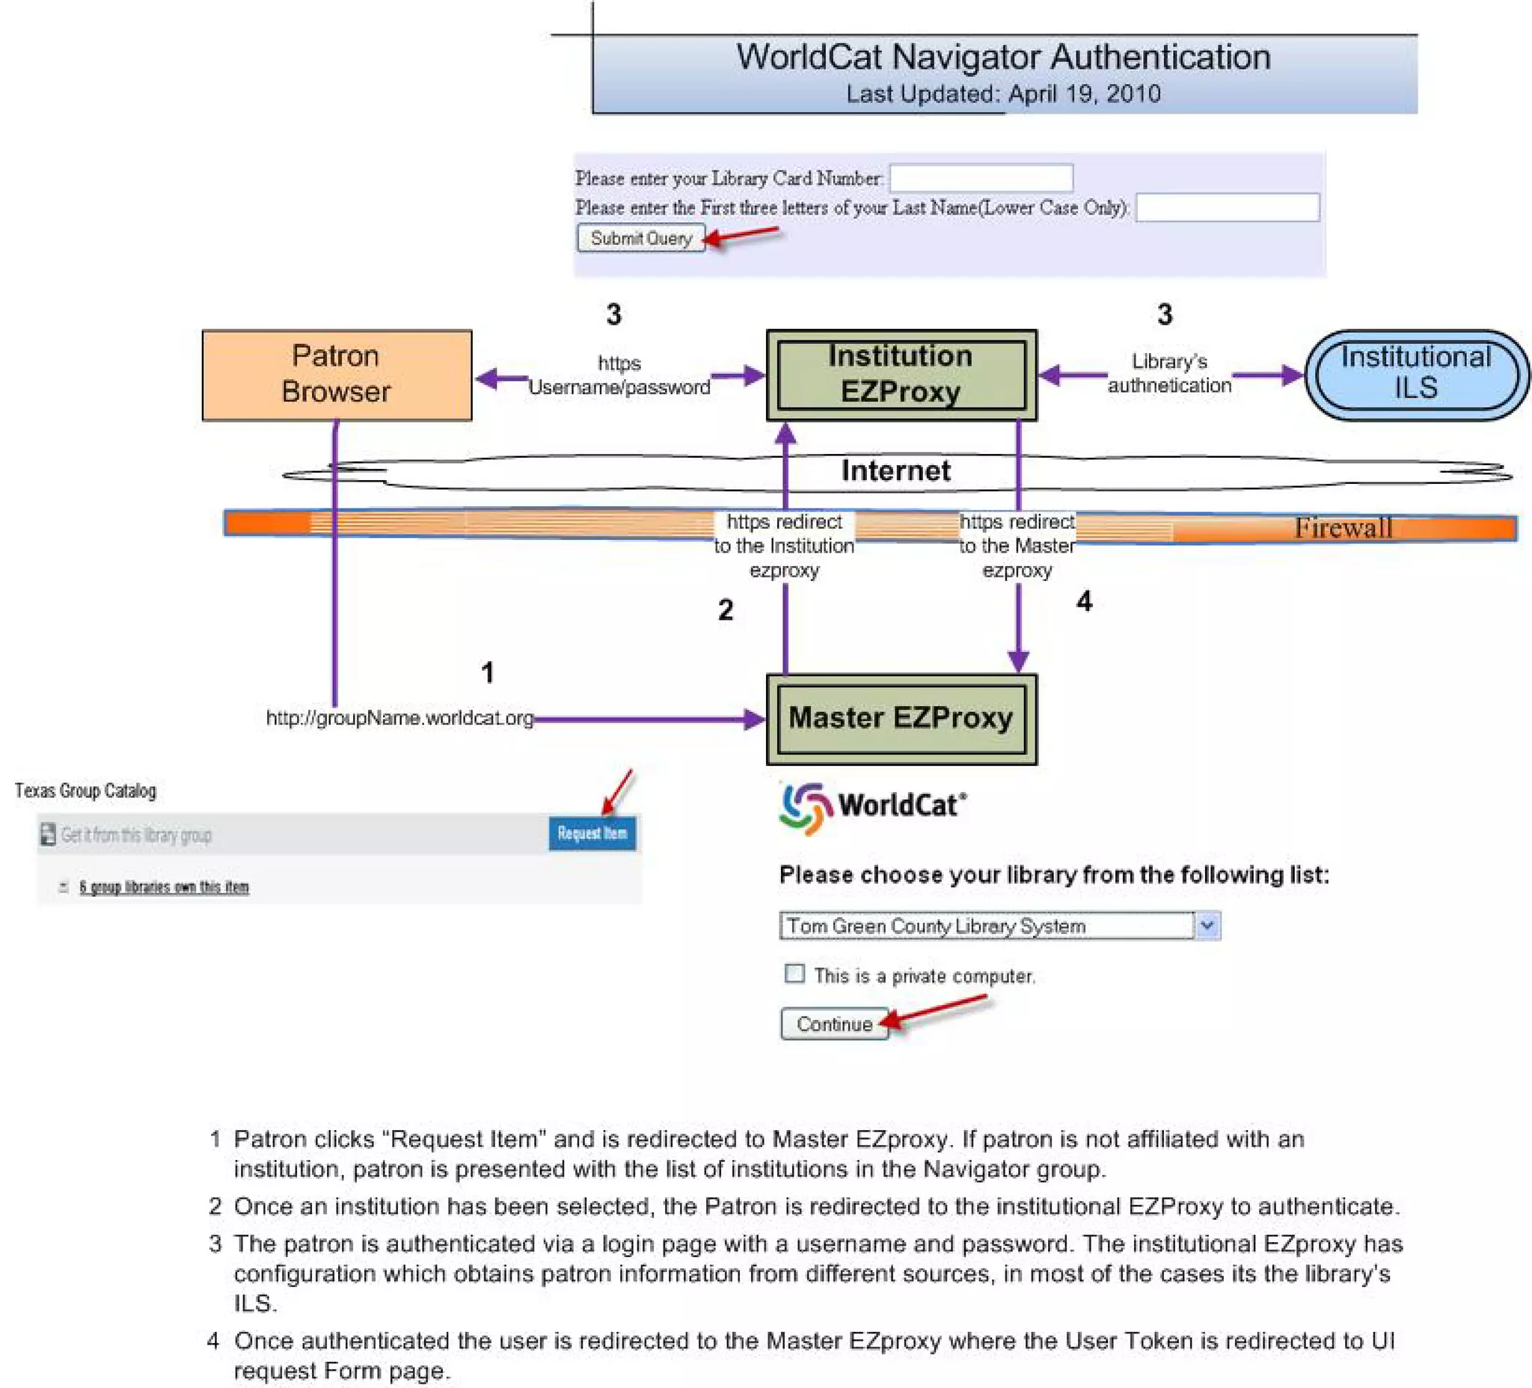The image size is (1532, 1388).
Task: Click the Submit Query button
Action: (640, 238)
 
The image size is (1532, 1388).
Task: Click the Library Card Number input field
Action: (981, 178)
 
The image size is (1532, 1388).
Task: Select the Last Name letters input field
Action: (1228, 207)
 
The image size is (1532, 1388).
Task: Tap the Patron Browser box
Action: (337, 375)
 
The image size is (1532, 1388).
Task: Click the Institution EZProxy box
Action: (901, 375)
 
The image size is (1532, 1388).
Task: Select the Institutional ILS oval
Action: (1416, 375)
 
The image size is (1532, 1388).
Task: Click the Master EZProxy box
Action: (901, 719)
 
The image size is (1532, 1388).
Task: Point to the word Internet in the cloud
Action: (895, 471)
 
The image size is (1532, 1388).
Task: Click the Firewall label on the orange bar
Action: (1343, 527)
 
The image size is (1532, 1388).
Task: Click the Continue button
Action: (833, 1024)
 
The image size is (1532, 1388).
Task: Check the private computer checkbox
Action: (794, 973)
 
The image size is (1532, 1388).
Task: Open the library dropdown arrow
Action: (1207, 925)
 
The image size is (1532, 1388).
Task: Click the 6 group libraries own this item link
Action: (163, 887)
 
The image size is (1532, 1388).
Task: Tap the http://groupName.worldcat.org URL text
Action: (399, 718)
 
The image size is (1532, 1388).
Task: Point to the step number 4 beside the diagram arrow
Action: (1084, 602)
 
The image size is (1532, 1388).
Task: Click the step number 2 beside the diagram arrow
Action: (725, 609)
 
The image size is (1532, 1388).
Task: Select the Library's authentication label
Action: (1168, 373)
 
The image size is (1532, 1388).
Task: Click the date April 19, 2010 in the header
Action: (1085, 93)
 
